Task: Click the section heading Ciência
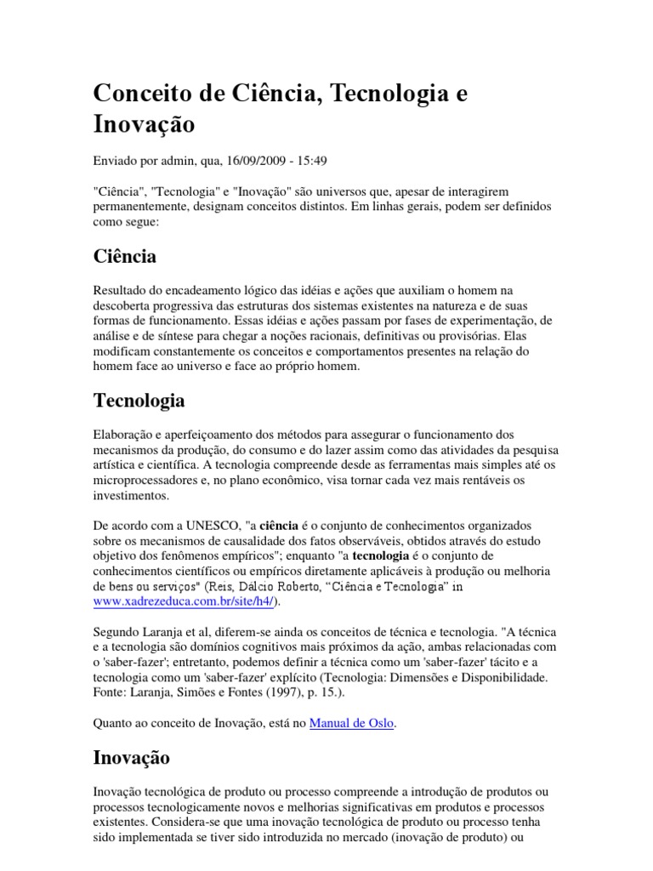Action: tap(124, 256)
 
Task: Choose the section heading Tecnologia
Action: tap(139, 400)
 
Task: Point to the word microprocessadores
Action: tap(150, 481)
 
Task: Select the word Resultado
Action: tap(120, 291)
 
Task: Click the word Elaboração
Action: tap(124, 435)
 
